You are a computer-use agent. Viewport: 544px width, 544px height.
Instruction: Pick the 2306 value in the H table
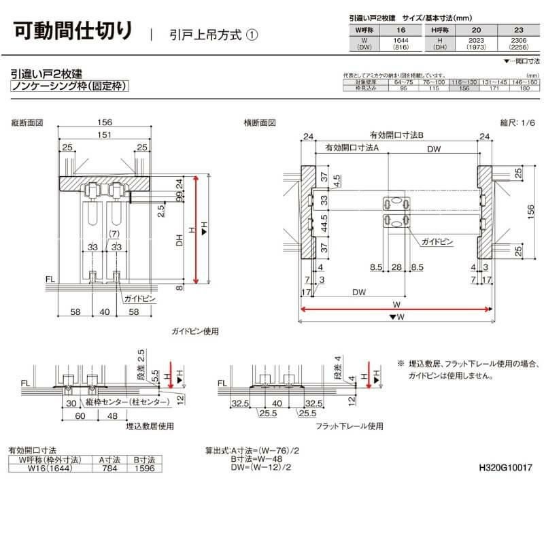(x=519, y=41)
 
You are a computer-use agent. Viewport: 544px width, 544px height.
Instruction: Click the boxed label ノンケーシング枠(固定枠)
(x=70, y=87)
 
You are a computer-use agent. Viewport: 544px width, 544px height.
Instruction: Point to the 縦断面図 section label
(x=28, y=123)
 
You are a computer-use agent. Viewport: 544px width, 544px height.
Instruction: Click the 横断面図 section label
(x=260, y=123)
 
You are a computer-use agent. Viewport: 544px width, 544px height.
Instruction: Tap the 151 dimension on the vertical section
(x=104, y=136)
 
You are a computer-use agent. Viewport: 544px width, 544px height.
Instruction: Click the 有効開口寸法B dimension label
(x=396, y=135)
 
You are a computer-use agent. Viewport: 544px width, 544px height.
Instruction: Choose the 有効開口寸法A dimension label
(x=352, y=148)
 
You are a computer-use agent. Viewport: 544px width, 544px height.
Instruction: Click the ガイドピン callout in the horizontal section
(x=434, y=241)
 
